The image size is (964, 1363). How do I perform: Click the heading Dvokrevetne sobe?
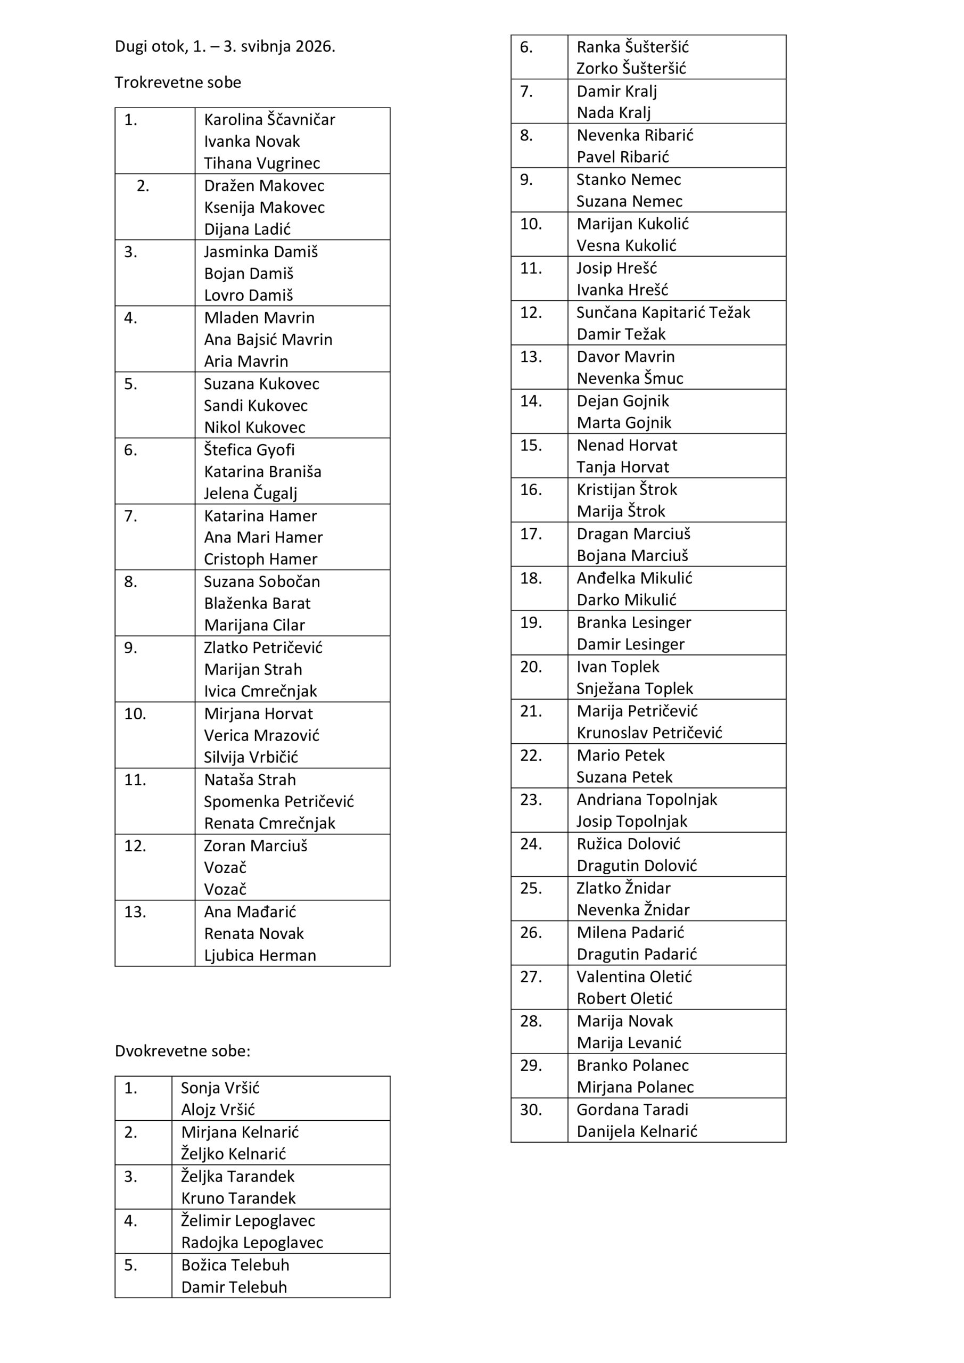tap(182, 1051)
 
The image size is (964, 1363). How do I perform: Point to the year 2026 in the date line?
tap(315, 46)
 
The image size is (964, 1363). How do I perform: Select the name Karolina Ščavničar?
tap(269, 120)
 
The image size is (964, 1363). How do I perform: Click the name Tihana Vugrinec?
tap(262, 163)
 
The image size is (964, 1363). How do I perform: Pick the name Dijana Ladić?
tap(247, 229)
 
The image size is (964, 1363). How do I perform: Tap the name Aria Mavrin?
tap(246, 361)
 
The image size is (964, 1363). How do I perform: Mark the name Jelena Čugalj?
tap(251, 494)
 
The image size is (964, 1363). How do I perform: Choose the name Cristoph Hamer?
tap(261, 559)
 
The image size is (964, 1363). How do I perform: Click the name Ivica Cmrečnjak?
tap(261, 691)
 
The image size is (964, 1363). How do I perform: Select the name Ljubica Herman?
tap(260, 955)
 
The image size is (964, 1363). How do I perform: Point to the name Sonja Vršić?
tap(220, 1088)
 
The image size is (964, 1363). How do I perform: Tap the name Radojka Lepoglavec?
tap(252, 1243)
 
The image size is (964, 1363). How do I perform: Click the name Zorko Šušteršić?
tap(631, 69)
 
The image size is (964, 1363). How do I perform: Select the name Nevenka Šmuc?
tap(630, 378)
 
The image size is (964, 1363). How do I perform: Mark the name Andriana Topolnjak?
tap(646, 800)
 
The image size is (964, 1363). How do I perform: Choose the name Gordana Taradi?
tap(632, 1110)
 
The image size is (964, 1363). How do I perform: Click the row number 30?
tap(531, 1110)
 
